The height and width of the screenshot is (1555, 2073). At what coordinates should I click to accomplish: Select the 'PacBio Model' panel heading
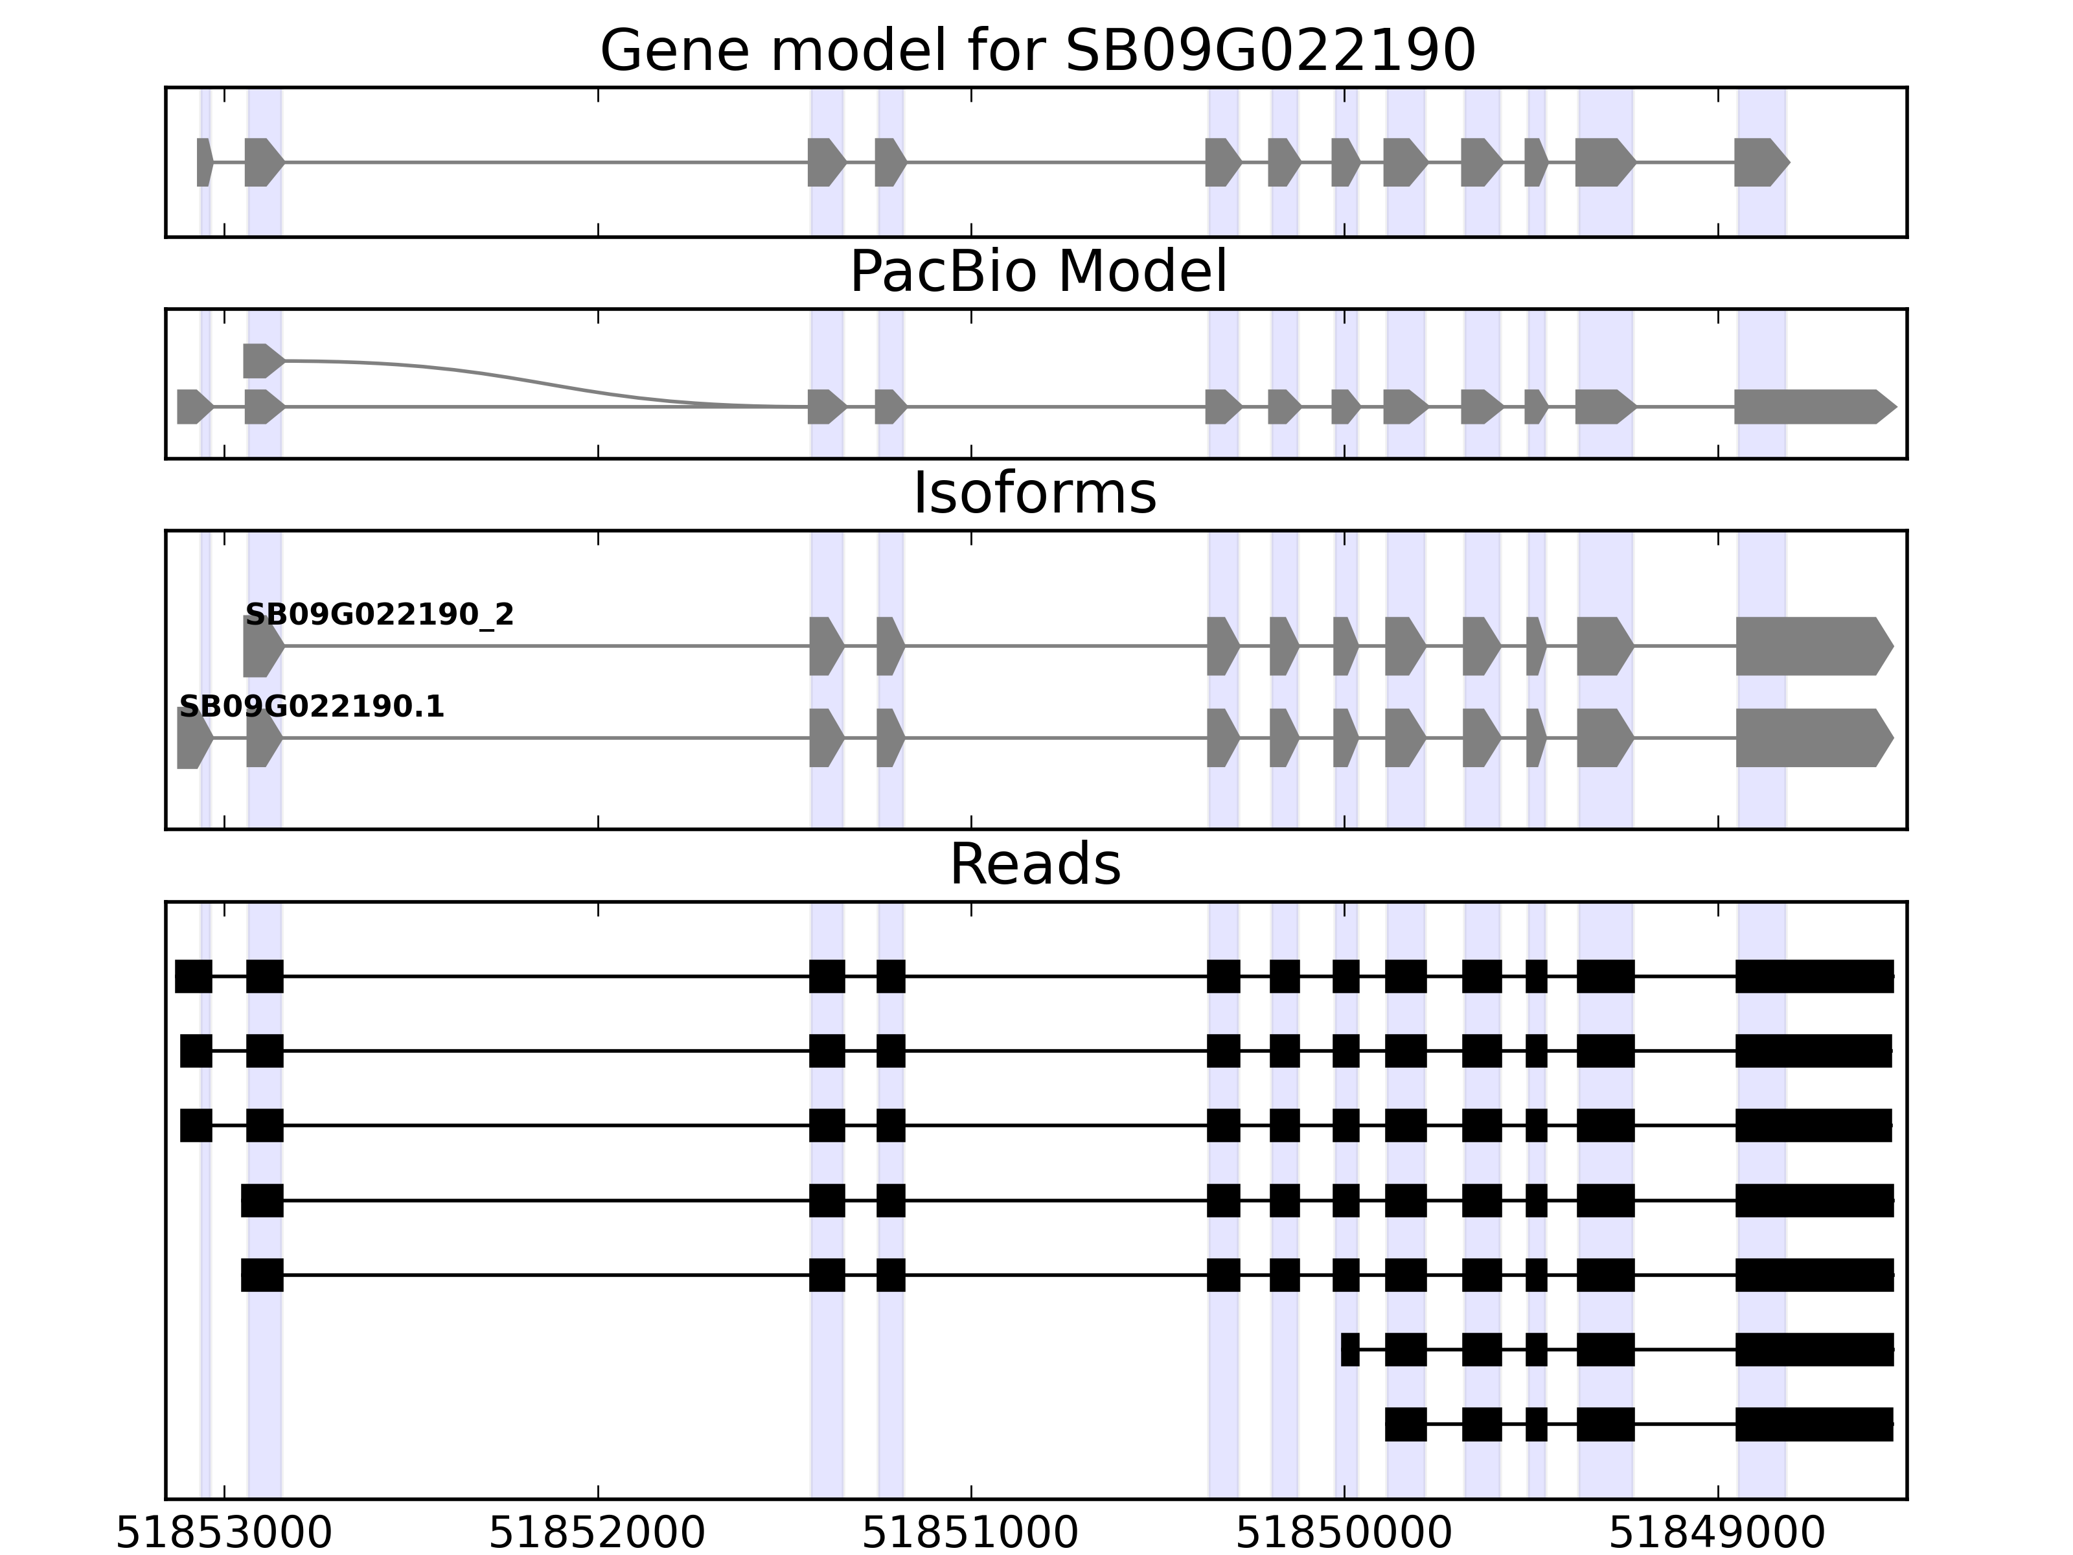(x=1036, y=272)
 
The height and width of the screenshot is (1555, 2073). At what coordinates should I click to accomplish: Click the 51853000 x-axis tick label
(x=224, y=1534)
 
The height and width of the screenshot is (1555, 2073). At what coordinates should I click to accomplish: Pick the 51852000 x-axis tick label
(x=597, y=1534)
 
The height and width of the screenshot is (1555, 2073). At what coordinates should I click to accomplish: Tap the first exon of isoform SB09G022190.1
(x=193, y=739)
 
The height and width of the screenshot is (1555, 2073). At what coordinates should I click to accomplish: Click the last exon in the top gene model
(x=1759, y=162)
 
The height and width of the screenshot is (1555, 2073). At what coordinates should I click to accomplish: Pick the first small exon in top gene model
(x=204, y=162)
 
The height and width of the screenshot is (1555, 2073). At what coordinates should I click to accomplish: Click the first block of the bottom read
(x=1405, y=1423)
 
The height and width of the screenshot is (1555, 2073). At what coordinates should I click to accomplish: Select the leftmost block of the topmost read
(x=193, y=976)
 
